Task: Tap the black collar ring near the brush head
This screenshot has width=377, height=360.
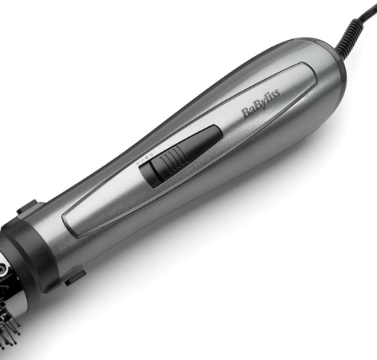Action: [29, 247]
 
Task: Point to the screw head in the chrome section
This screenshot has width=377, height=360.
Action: [4, 269]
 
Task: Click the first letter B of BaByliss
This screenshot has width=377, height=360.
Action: [245, 115]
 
